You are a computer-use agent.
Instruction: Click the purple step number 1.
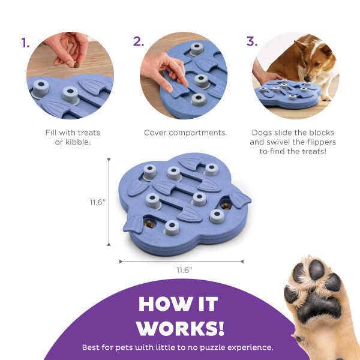(x=25, y=43)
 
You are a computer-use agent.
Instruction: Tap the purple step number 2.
(x=139, y=41)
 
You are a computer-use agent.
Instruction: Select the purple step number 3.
(x=252, y=41)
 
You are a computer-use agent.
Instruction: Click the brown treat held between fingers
(x=76, y=65)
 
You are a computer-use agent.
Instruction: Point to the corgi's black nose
(x=307, y=79)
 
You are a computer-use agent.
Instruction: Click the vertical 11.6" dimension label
(x=98, y=202)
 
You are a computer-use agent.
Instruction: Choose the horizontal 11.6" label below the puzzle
(x=184, y=270)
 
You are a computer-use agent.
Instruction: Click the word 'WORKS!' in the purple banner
(x=180, y=328)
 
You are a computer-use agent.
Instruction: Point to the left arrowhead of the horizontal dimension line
(x=121, y=262)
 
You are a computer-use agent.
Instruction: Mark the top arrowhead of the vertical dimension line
(x=109, y=160)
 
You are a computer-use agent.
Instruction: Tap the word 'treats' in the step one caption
(x=89, y=133)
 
